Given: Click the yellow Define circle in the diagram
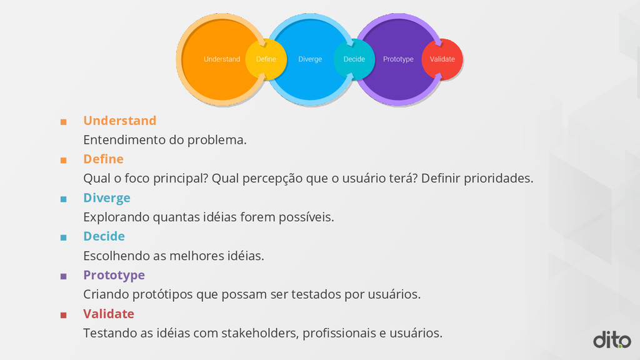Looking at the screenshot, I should [x=266, y=59].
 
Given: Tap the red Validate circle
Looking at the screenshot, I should [x=442, y=59].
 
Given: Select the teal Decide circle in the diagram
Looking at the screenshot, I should [x=354, y=59].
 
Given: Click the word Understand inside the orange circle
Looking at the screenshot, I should [x=222, y=59].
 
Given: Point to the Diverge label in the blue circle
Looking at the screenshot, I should [x=310, y=59].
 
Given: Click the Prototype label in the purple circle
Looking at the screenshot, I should [x=398, y=59].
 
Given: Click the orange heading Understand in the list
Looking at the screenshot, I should [x=120, y=121].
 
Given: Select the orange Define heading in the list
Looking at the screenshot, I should [x=104, y=159].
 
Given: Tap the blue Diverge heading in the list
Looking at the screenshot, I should [x=107, y=198].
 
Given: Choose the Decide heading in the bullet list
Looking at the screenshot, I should [x=104, y=236].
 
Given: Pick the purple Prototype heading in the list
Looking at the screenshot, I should [x=114, y=275].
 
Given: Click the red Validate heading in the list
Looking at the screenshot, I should [x=109, y=314].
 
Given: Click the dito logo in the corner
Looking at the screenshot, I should [x=612, y=339].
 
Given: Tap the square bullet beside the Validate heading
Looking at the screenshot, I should [x=63, y=315].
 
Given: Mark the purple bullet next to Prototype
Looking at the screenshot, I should [x=63, y=276].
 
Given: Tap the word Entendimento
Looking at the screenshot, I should [x=124, y=140].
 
